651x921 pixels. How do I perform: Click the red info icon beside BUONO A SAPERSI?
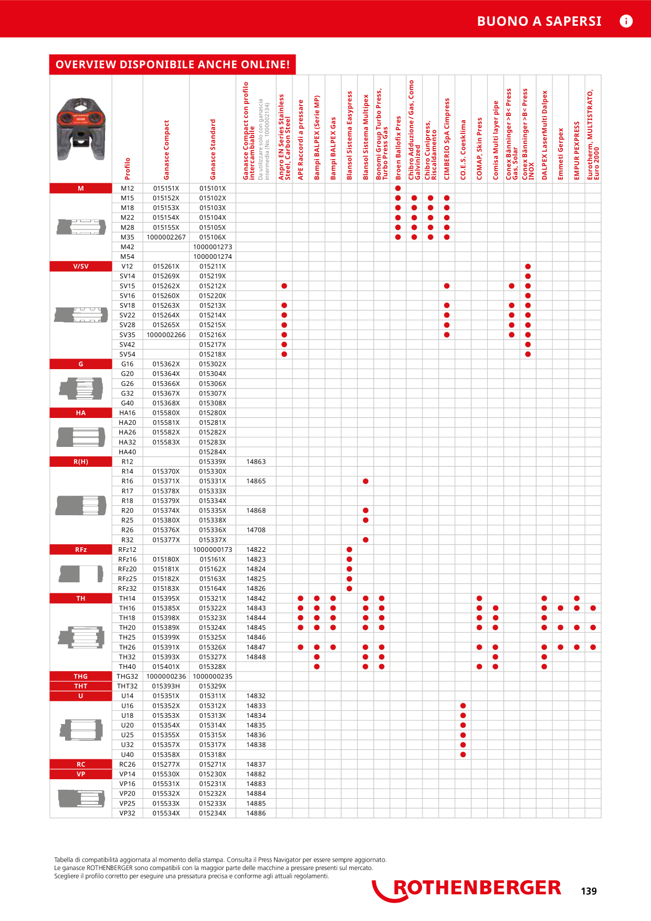click(626, 21)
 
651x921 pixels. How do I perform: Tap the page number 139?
click(589, 891)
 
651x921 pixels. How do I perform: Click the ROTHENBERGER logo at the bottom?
click(467, 889)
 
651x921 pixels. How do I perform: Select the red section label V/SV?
click(81, 266)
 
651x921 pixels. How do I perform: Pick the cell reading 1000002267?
click(166, 237)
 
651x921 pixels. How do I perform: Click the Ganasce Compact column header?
click(166, 150)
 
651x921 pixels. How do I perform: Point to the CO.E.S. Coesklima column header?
click(463, 150)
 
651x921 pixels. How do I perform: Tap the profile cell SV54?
click(127, 354)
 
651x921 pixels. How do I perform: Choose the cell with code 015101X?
click(213, 189)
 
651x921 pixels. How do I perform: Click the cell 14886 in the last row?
click(256, 813)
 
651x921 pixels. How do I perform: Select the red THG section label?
click(81, 676)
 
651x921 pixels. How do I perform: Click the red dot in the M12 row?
click(398, 189)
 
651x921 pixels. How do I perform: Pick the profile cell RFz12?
click(127, 550)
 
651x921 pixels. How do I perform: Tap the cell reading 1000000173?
click(213, 550)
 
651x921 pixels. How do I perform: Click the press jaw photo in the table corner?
click(81, 128)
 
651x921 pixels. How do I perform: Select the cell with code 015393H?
click(166, 686)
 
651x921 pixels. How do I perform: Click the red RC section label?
click(81, 765)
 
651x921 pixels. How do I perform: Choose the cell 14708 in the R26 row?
click(256, 530)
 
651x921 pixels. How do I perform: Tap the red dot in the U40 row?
click(463, 755)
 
